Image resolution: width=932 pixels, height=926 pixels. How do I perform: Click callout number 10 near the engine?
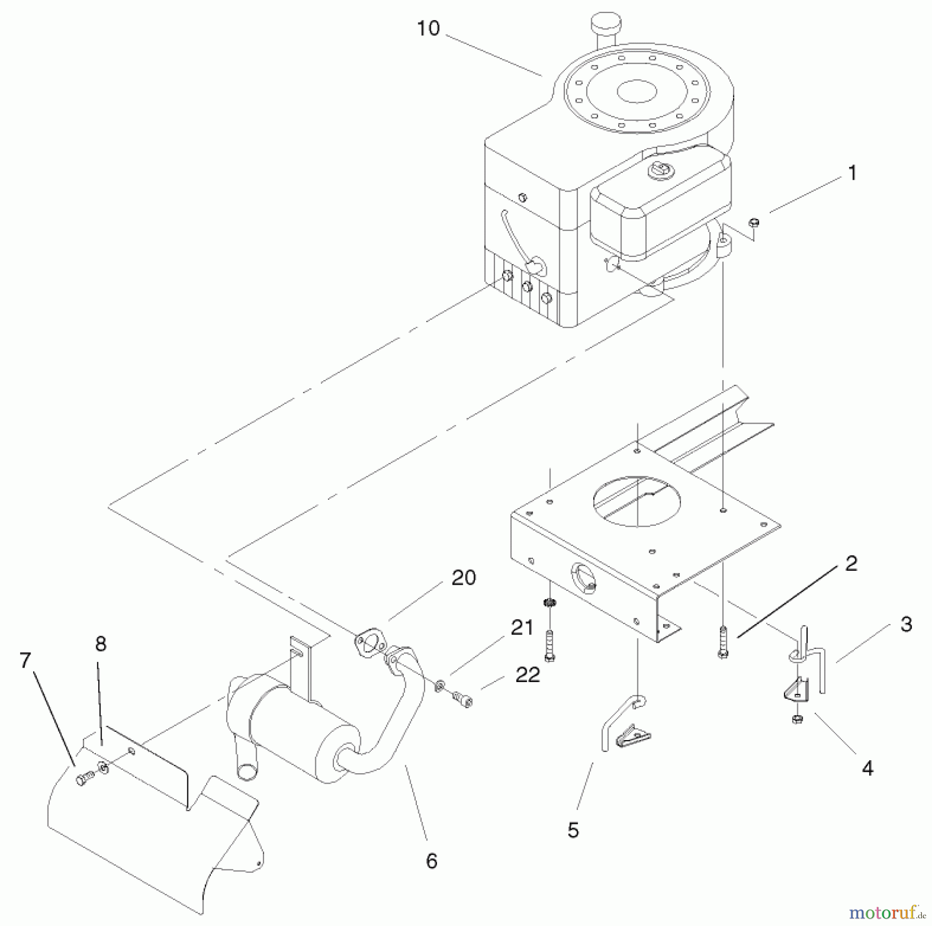[x=428, y=28]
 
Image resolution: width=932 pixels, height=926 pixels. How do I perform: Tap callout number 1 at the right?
[x=852, y=173]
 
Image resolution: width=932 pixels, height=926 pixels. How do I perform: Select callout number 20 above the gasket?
[x=463, y=578]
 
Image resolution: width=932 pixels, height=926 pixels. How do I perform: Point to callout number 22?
[x=528, y=675]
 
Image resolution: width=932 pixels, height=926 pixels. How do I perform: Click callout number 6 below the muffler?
[x=431, y=861]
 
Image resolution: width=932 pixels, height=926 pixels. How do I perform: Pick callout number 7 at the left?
[x=25, y=660]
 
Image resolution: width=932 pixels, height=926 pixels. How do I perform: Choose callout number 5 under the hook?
[x=573, y=830]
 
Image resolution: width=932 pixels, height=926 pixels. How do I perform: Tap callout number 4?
[x=867, y=768]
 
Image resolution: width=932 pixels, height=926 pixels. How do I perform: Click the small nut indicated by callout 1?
[x=754, y=223]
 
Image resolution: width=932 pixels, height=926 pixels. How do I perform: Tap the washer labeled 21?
[x=439, y=686]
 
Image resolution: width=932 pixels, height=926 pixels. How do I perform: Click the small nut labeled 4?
[x=797, y=719]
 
